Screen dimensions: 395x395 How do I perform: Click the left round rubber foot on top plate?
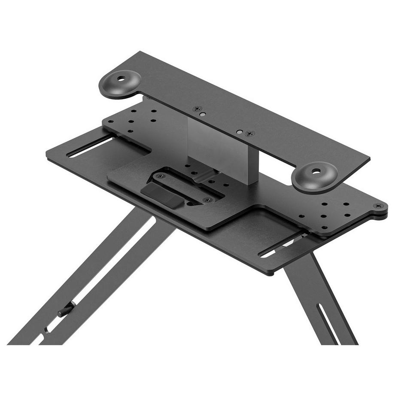[x=120, y=83]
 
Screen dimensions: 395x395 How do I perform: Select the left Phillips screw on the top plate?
[x=197, y=109]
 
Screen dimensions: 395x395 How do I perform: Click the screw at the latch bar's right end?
[x=208, y=200]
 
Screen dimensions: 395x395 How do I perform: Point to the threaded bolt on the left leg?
[x=66, y=310]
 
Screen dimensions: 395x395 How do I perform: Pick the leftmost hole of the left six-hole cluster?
[x=111, y=121]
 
